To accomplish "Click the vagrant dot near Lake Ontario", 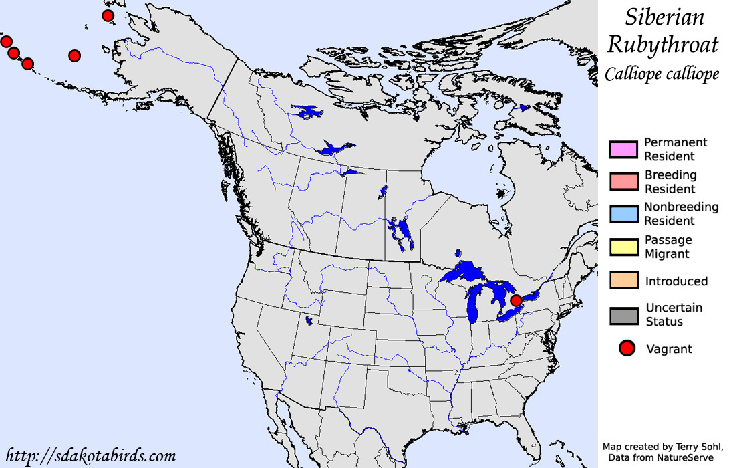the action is [515, 301].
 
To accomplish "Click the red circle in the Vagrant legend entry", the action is [626, 348].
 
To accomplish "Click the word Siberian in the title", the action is [664, 17].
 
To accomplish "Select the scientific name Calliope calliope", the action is [662, 73].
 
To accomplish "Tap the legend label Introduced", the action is [676, 281].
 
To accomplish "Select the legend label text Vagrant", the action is [669, 349].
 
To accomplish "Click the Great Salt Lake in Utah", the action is [308, 321].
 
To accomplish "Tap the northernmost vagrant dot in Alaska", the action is [107, 15].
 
